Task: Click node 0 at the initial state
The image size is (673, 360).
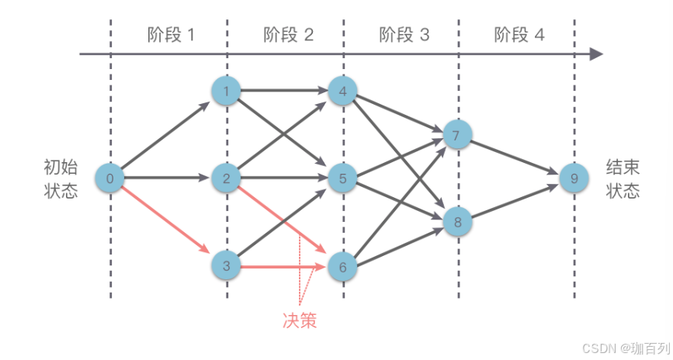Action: coord(109,179)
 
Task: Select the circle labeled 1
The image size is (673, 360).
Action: coord(226,92)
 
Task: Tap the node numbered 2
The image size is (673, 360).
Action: coord(226,179)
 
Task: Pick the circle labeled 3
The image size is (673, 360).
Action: coord(226,267)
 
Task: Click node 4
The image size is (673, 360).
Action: coord(342,92)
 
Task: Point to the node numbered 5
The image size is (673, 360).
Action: coord(342,179)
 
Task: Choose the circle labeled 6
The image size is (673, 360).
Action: coord(342,267)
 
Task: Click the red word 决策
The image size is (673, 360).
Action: coord(299,320)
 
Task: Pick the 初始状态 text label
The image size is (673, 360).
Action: coord(61,179)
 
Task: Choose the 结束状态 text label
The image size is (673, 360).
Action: coord(623,179)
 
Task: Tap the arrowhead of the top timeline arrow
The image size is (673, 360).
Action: coord(596,54)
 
